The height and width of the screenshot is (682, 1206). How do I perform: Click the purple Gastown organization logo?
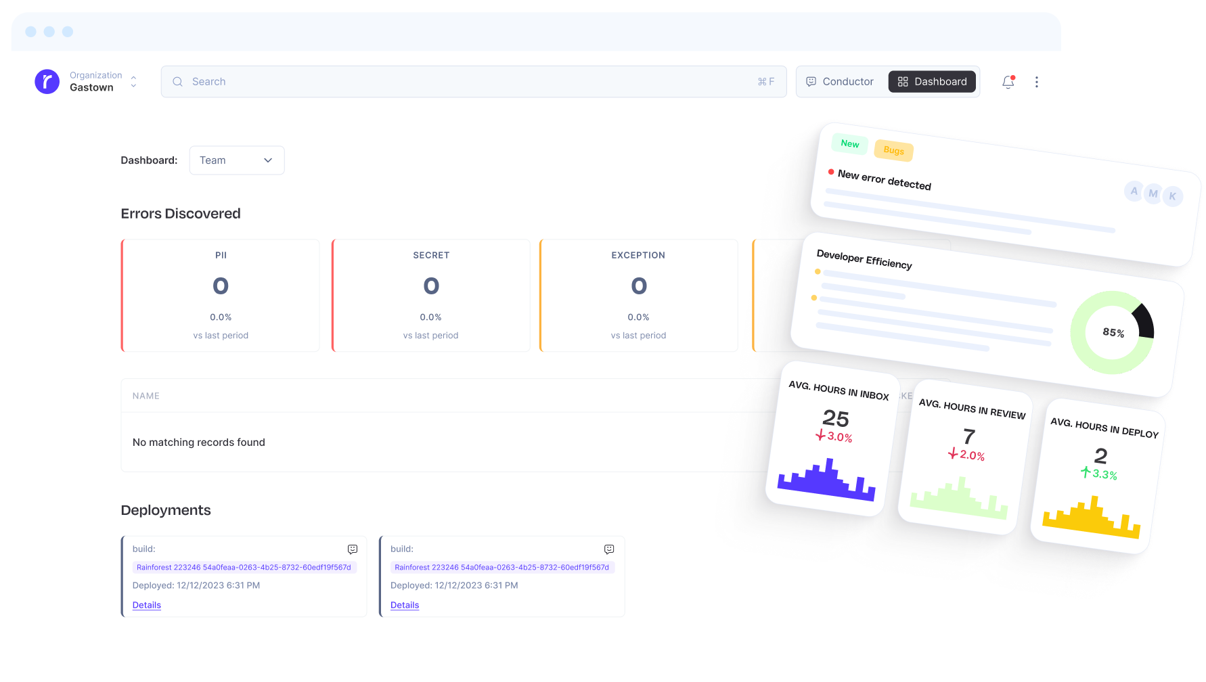pos(47,82)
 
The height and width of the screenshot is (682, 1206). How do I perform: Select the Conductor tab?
pos(840,82)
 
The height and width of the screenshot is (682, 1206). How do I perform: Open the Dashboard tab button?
pos(932,82)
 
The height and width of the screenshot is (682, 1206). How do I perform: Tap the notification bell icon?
pos(1008,82)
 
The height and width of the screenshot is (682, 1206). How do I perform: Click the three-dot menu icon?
pos(1036,82)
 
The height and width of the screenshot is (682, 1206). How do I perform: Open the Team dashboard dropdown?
pos(236,160)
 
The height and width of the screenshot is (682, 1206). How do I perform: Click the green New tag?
pos(849,143)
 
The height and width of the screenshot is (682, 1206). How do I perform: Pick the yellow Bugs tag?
pos(893,150)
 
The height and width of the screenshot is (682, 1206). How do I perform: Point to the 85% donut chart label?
pos(1113,332)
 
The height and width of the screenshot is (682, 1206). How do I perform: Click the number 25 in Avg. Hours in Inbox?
pos(835,418)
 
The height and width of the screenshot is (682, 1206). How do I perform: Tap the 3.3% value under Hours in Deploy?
pos(1104,474)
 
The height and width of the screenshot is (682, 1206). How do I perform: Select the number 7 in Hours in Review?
pos(969,436)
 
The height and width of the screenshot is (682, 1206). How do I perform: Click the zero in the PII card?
pos(221,286)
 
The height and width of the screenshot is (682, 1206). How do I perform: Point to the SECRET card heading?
pos(431,255)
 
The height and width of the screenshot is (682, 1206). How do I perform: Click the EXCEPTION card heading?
pos(638,255)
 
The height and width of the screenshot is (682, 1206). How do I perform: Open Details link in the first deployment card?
pos(147,605)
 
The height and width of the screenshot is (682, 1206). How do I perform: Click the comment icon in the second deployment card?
pos(609,549)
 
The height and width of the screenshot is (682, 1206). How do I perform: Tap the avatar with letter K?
pos(1172,196)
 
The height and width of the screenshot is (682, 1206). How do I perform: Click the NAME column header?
pos(146,396)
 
